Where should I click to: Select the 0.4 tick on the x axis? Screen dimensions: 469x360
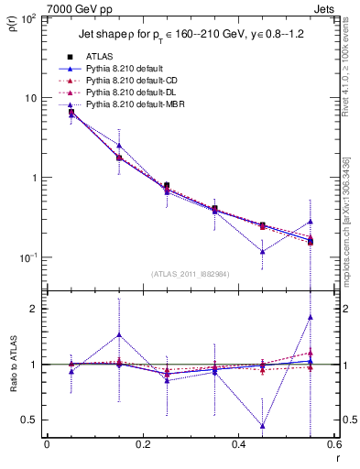click(x=238, y=445)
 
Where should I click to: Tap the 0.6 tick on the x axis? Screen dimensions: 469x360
click(x=333, y=445)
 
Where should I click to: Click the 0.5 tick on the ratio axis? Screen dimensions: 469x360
click(x=32, y=420)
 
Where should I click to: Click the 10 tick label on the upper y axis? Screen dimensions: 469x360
click(x=31, y=97)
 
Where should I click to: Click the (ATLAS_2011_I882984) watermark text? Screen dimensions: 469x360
click(x=190, y=273)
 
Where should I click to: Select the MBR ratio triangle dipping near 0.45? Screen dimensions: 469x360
click(x=263, y=426)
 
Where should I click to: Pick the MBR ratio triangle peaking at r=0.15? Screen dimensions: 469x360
click(x=119, y=334)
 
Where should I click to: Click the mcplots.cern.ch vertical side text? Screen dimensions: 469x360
click(x=350, y=211)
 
